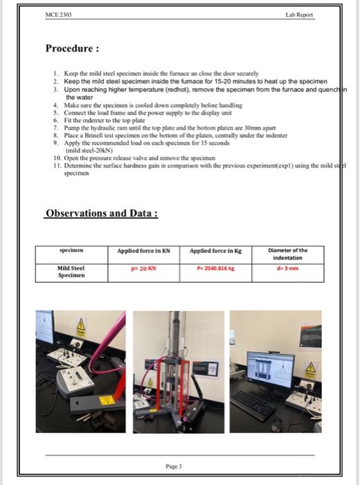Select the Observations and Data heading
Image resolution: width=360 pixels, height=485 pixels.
[102, 213]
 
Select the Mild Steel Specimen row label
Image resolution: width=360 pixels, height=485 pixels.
[70, 271]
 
